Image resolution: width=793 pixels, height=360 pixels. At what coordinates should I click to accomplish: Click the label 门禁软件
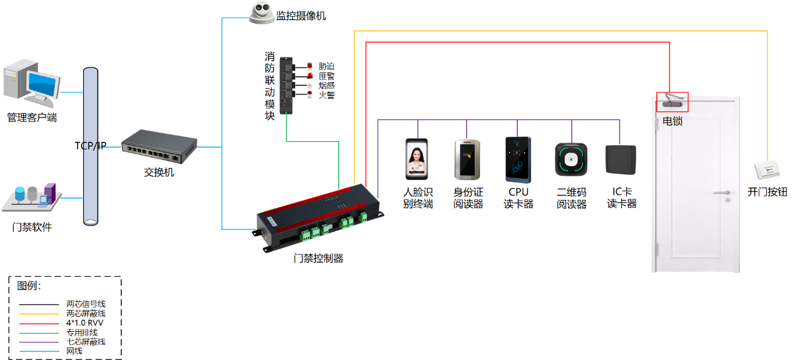[x=32, y=227]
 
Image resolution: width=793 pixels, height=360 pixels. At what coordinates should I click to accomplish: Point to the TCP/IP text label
[x=91, y=146]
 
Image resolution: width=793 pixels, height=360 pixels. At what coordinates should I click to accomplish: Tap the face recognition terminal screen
[x=416, y=160]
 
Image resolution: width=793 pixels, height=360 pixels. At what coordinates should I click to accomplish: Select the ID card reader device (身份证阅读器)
[x=467, y=160]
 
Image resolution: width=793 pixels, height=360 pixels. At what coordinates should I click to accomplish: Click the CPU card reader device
[x=518, y=159]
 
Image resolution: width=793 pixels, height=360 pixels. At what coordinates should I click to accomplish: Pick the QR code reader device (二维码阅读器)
[x=571, y=159]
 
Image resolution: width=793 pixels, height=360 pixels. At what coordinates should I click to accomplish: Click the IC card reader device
[x=621, y=159]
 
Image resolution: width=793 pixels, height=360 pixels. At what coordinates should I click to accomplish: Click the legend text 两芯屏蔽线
[x=86, y=313]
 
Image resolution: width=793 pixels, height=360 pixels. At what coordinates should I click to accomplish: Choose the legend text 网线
[x=74, y=351]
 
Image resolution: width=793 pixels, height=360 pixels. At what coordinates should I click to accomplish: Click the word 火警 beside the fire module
[x=327, y=95]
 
